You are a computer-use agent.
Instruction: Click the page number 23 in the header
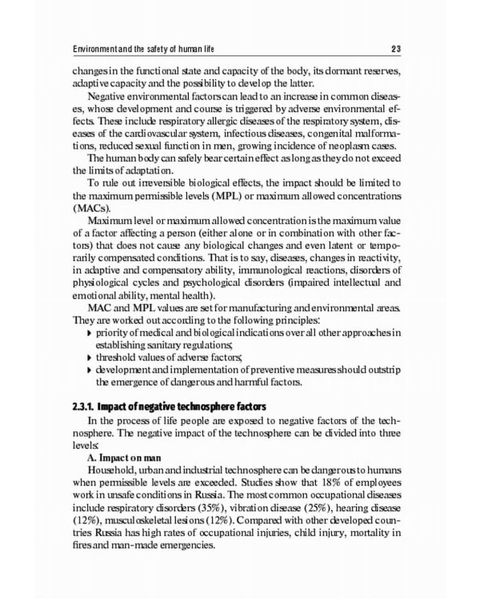click(x=407, y=42)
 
